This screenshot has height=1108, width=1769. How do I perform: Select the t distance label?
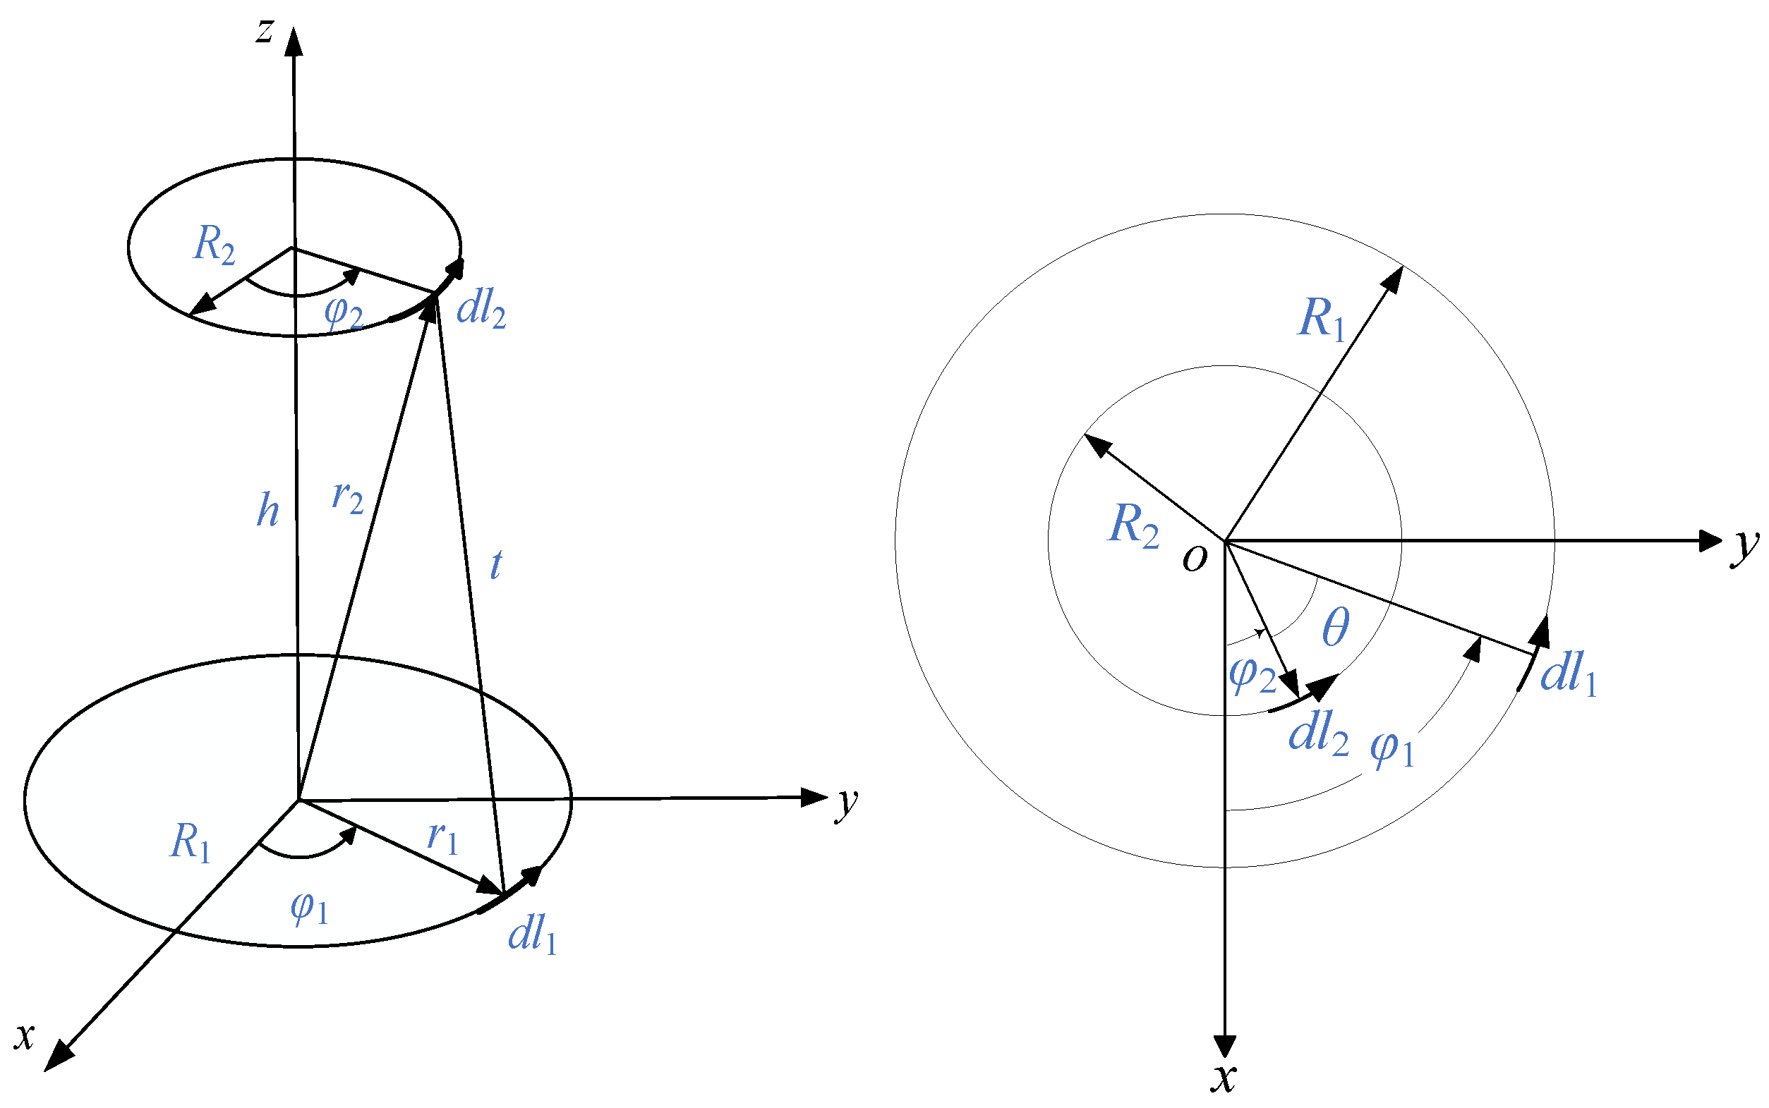495,564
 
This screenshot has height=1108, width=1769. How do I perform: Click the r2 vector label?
347,499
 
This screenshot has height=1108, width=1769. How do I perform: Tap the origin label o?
1194,559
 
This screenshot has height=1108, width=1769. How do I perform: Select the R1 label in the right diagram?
1321,320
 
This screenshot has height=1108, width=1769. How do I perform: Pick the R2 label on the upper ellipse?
214,245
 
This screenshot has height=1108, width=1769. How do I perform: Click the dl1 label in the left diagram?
532,935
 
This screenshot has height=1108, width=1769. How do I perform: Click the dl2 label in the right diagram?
1318,733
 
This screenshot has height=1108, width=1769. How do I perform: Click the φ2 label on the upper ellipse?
343,313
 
